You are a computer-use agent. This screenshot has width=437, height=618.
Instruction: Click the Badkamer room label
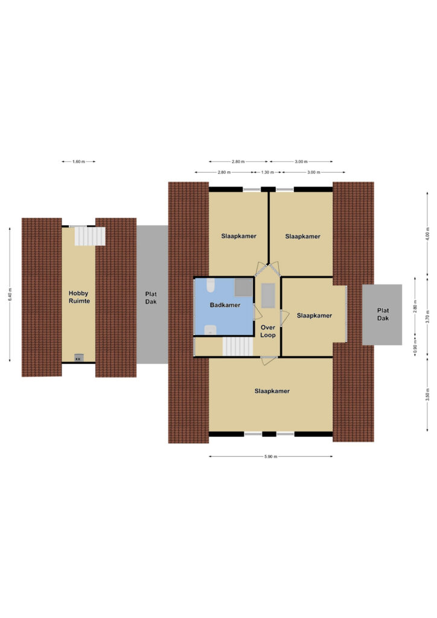point(225,305)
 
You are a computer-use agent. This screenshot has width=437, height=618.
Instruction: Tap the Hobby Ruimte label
point(79,297)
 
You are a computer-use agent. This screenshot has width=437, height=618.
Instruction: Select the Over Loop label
point(268,331)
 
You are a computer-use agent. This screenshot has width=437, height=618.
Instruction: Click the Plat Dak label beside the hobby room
point(151,298)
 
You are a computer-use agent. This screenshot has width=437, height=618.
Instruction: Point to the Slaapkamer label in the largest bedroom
point(272,391)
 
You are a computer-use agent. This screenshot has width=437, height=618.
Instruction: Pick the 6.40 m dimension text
point(10,295)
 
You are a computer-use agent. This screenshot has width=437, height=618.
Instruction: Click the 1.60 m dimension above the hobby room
point(78,162)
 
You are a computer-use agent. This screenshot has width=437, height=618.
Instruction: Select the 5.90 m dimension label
point(271,456)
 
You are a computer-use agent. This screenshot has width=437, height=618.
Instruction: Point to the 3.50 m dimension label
point(427,394)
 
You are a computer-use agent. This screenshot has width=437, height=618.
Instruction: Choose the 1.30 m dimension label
point(267,172)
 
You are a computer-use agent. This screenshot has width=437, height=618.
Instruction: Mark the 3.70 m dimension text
point(427,317)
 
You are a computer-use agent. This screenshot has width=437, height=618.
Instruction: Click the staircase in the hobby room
point(90,236)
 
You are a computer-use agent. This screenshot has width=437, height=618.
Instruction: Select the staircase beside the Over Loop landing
point(238,347)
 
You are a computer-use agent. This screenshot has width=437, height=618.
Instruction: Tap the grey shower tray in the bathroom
point(243,287)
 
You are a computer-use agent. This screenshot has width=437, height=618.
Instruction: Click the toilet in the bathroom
point(211,285)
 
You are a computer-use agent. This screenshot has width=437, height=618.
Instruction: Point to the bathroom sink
point(211,330)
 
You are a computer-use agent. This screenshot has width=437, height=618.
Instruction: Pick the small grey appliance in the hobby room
point(79,358)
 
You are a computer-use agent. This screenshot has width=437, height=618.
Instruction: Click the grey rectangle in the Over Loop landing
point(268,295)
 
